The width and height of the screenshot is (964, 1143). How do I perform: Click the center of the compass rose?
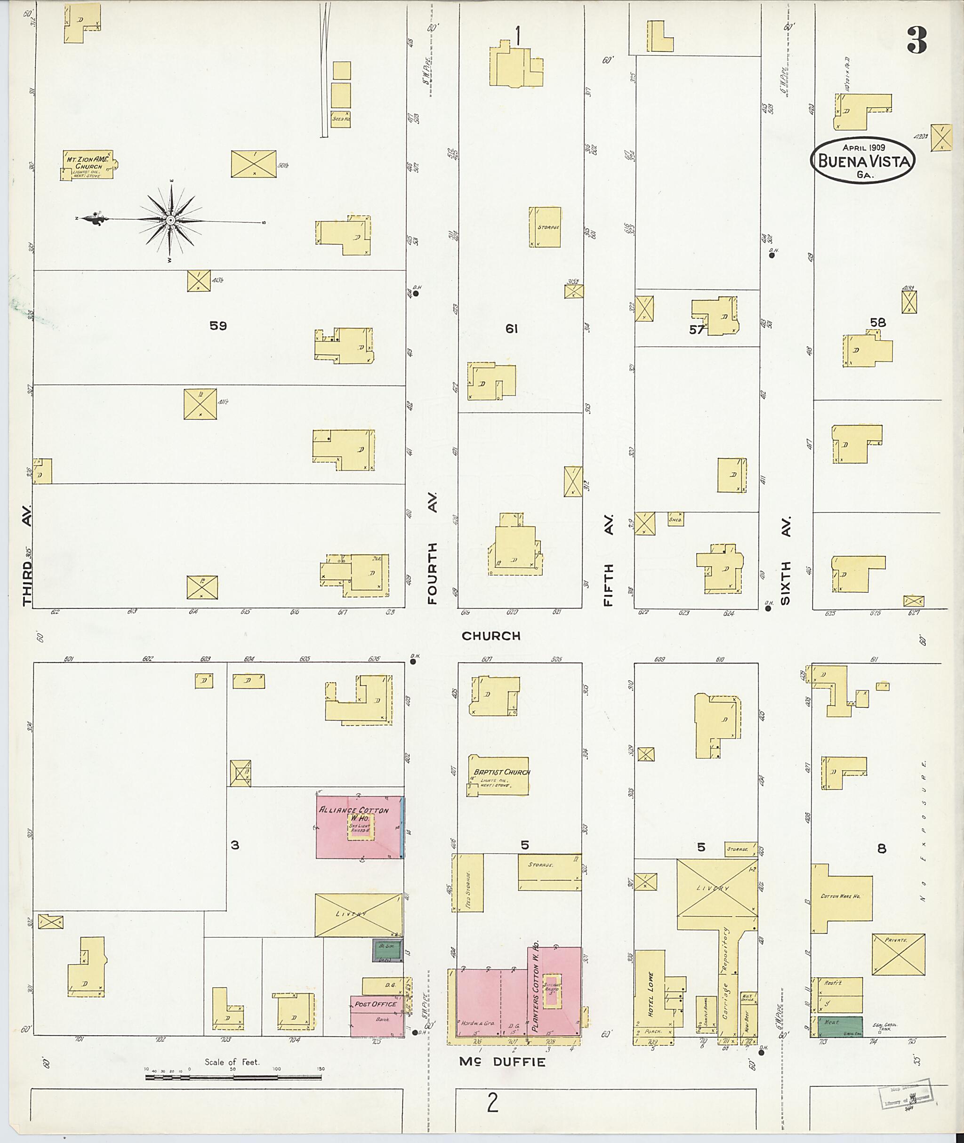(170, 220)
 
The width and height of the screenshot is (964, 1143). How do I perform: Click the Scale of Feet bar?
(234, 1078)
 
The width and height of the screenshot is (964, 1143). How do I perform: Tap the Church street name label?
(491, 635)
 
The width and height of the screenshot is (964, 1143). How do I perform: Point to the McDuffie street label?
(502, 1062)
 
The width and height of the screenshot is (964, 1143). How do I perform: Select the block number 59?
(218, 326)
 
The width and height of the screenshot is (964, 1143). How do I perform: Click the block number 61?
(511, 328)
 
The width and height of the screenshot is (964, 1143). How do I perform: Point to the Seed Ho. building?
(340, 119)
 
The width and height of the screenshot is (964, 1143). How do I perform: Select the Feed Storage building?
(468, 883)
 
